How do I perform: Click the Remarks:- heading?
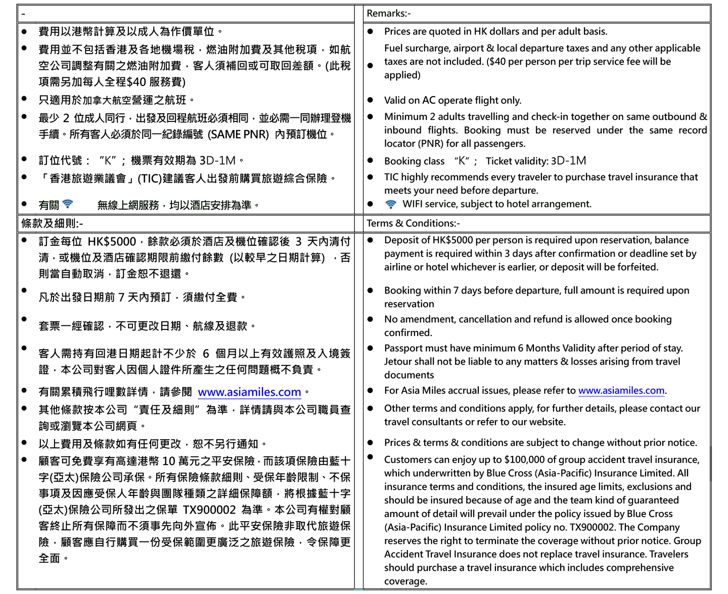388,14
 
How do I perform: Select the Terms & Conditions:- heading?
413,223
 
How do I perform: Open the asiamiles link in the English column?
621,391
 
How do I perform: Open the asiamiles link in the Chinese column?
249,392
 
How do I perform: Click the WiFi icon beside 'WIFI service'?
390,204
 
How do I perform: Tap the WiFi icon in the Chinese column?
67,204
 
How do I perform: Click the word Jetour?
399,362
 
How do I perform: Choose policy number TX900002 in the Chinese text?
209,510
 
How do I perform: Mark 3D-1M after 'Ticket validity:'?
568,161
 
